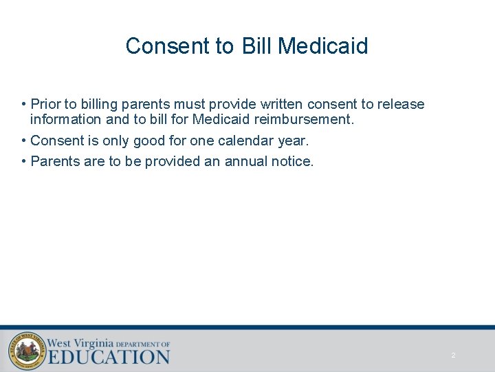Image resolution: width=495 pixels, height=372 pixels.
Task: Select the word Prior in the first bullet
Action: tap(45, 105)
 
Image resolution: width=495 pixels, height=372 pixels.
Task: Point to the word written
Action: tap(279, 105)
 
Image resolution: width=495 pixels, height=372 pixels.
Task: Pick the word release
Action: tap(401, 105)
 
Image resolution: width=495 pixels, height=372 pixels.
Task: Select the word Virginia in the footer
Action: tap(91, 342)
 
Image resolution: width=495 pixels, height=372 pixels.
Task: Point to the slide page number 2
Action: tap(453, 355)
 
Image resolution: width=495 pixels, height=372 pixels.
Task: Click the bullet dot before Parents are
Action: tap(24, 162)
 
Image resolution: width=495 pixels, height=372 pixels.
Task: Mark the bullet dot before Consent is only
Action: tap(24, 141)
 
